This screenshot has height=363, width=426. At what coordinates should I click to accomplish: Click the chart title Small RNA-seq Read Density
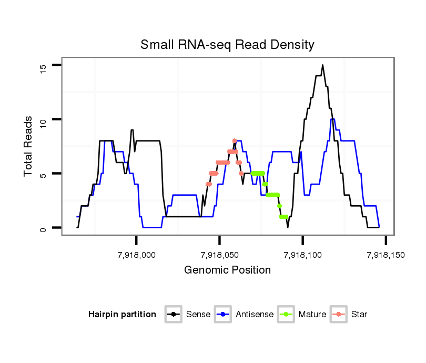click(227, 45)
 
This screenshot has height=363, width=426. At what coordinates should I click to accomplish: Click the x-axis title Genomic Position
click(227, 270)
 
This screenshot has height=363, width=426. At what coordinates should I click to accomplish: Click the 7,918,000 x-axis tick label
click(137, 255)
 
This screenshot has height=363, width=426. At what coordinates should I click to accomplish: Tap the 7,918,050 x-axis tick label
click(220, 255)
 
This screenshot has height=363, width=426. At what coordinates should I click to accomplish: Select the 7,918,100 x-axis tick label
click(303, 255)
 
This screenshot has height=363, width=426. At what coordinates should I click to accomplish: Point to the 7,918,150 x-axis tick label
click(386, 255)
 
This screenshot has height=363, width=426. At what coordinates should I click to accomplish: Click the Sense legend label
click(198, 315)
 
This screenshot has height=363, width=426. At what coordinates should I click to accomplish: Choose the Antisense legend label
click(255, 315)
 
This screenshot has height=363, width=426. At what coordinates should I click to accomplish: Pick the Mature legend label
click(312, 315)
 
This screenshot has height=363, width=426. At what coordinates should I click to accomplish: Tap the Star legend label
click(359, 315)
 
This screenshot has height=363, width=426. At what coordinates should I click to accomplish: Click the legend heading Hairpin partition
click(122, 315)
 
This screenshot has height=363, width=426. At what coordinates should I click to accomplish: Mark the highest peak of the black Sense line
click(323, 65)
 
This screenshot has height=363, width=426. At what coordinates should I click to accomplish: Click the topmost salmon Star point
click(235, 141)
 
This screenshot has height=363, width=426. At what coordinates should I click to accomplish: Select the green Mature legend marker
click(288, 315)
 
